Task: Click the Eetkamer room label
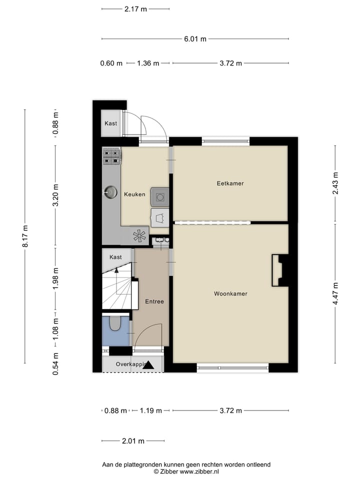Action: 230,183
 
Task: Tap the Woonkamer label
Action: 230,294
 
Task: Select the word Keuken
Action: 134,194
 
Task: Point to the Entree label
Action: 154,301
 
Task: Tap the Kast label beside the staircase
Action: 115,257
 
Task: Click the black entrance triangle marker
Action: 148,365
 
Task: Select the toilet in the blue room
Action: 115,323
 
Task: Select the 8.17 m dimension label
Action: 25,236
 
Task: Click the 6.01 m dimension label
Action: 195,39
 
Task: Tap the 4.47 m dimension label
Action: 335,293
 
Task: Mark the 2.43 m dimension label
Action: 335,183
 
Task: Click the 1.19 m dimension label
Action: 150,410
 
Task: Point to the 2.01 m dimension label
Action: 133,441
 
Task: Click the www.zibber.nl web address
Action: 198,471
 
